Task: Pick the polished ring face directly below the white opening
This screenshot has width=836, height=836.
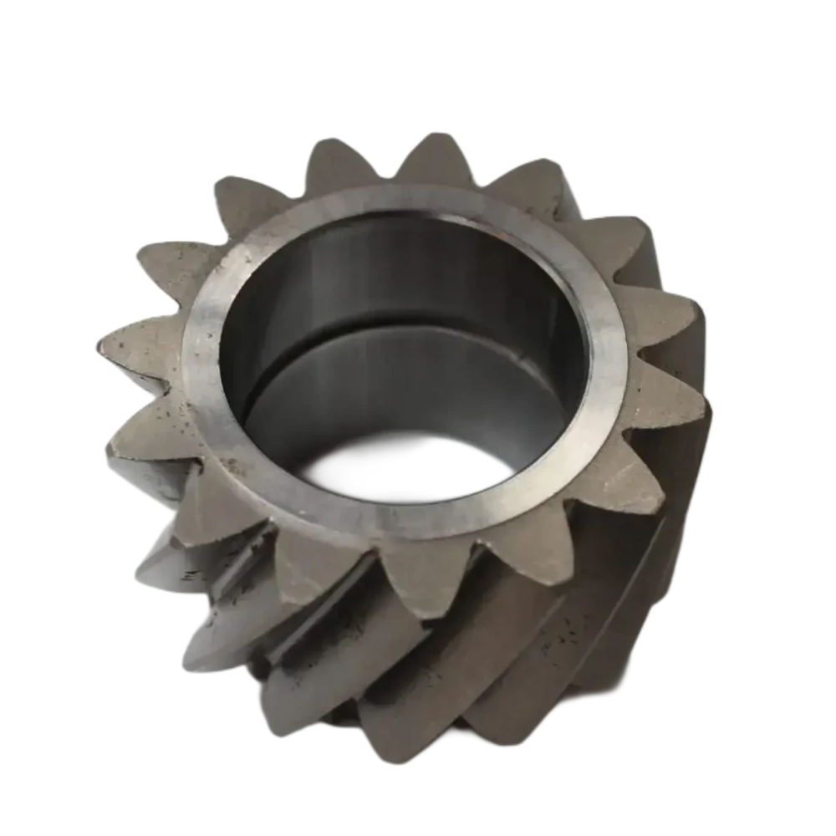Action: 410,522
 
